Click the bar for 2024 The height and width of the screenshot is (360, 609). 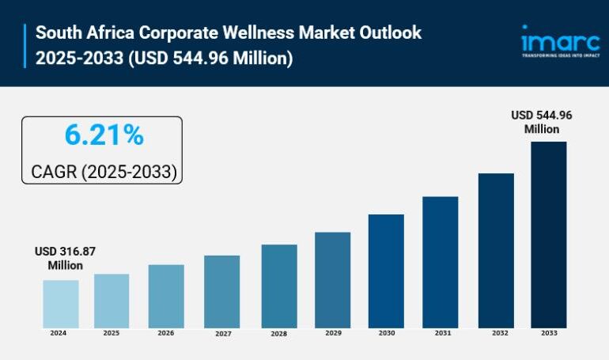click(60, 304)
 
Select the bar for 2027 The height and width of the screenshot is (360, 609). click(221, 291)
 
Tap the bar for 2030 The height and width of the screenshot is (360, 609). click(386, 271)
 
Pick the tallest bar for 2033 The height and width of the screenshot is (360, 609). click(548, 234)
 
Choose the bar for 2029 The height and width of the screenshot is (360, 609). click(332, 279)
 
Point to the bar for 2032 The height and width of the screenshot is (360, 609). click(496, 250)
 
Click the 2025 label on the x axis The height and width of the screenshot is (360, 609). click(111, 334)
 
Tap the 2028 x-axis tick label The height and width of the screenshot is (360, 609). click(278, 334)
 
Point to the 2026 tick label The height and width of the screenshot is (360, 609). click(165, 334)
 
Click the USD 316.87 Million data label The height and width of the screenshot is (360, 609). click(65, 258)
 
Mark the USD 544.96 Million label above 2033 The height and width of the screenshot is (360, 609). click(541, 122)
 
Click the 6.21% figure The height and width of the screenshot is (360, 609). click(104, 136)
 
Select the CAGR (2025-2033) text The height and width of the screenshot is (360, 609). click(104, 171)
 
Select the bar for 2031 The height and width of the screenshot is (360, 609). click(440, 262)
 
